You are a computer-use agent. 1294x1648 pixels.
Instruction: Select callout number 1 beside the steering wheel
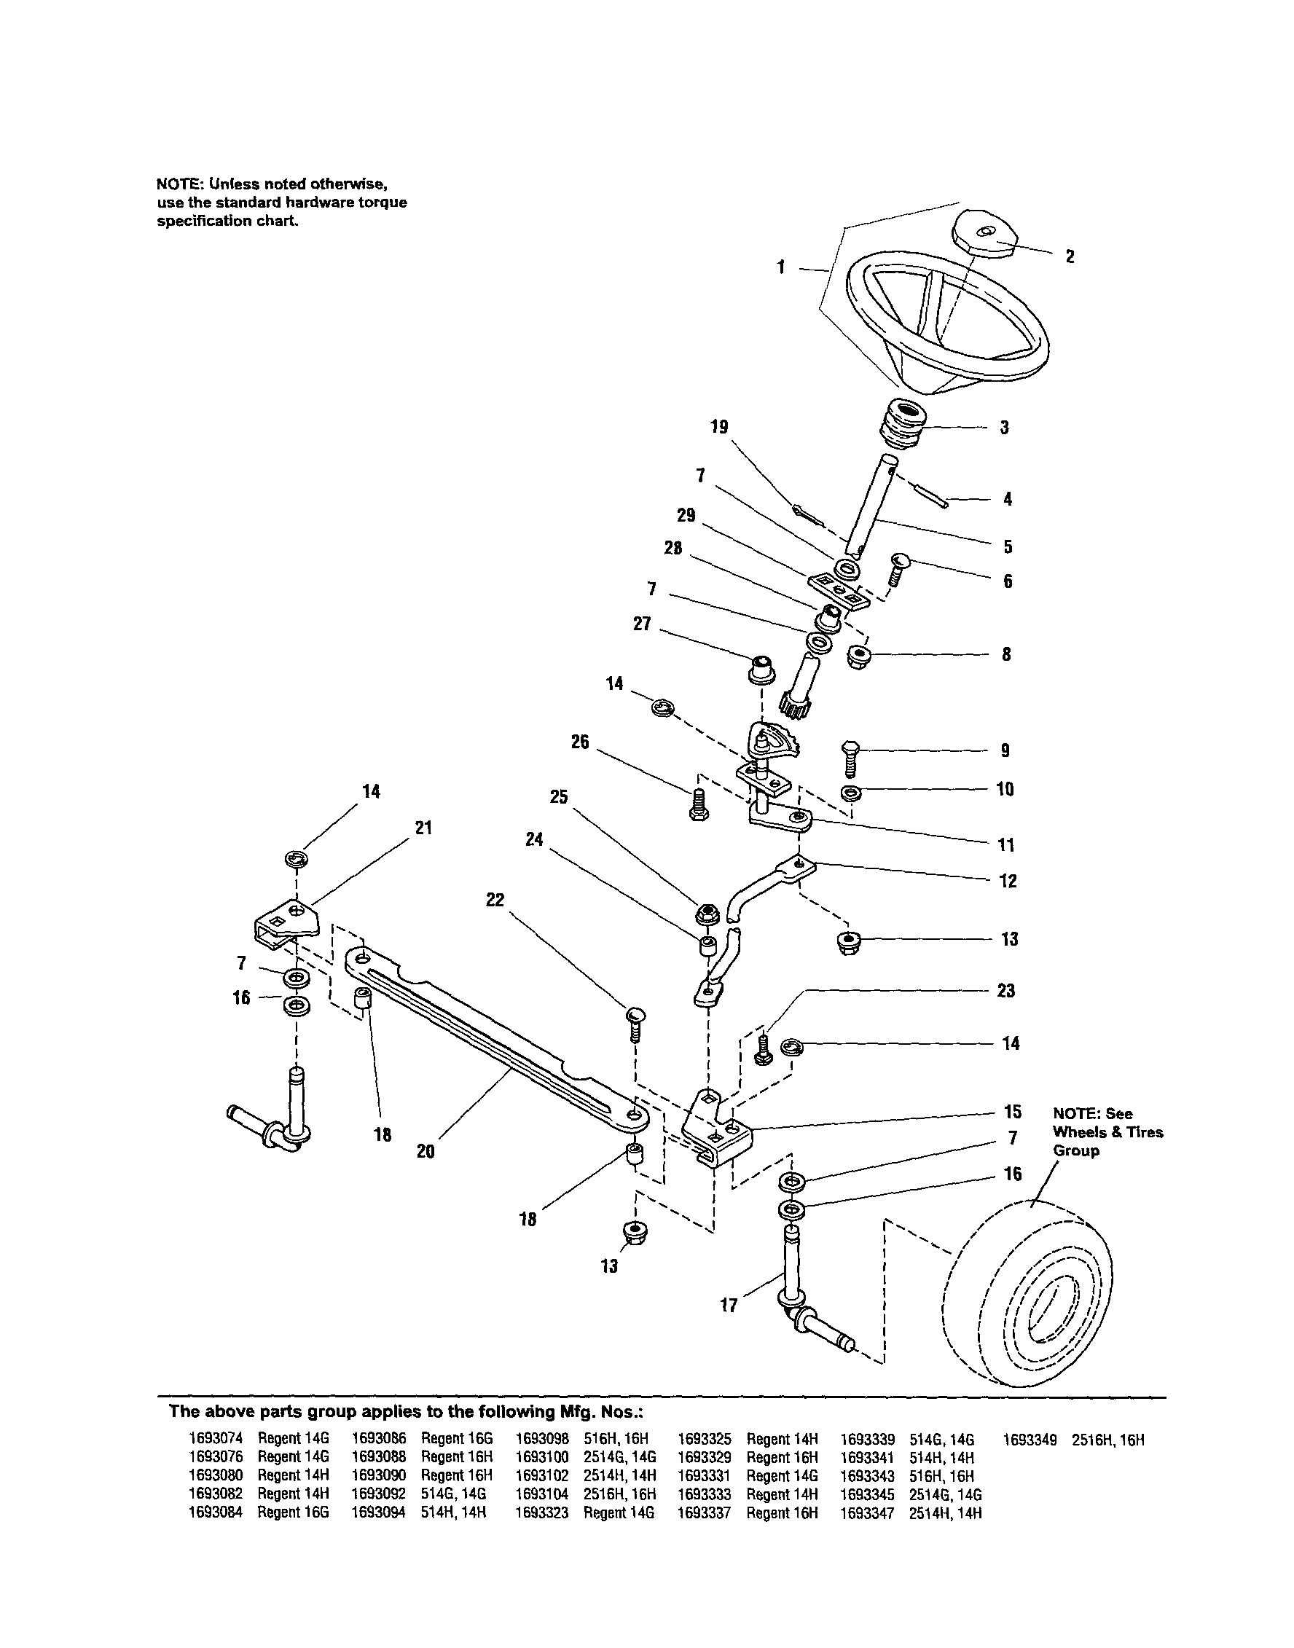[781, 267]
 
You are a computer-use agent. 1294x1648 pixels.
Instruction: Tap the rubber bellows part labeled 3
[902, 425]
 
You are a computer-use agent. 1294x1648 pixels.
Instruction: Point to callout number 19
[719, 427]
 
